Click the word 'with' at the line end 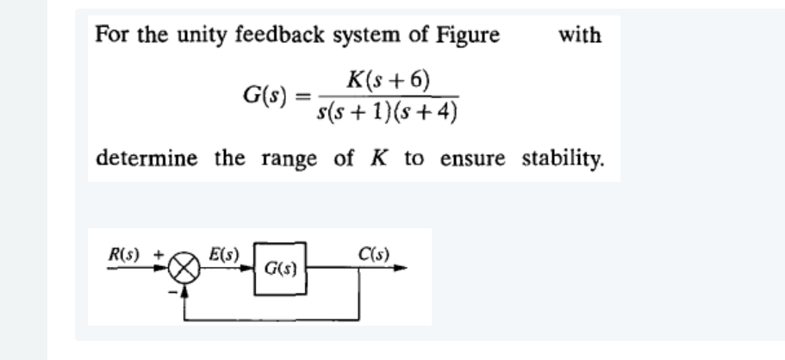point(580,35)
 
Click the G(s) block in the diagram point(278,268)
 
